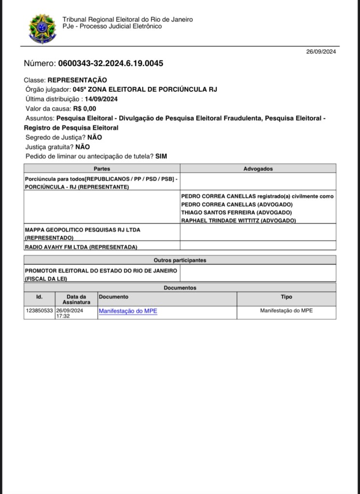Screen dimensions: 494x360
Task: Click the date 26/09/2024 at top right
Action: (321, 52)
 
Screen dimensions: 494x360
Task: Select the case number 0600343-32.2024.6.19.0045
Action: (111, 63)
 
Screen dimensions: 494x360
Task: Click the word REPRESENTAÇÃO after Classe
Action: (77, 80)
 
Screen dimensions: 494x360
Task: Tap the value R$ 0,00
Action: (85, 109)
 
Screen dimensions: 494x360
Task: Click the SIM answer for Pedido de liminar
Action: (161, 156)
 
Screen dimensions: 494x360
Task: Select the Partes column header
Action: (101, 169)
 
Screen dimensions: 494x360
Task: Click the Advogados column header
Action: (258, 169)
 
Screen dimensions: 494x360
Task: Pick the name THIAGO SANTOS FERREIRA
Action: (218, 212)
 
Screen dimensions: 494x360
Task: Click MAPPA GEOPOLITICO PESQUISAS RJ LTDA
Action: (83, 230)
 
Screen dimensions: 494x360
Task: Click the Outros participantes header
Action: (180, 260)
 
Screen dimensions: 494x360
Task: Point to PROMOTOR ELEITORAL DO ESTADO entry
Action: (101, 270)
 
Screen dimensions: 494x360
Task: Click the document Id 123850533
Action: (39, 311)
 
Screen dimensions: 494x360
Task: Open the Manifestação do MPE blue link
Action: (128, 311)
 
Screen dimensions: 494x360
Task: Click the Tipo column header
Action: (286, 297)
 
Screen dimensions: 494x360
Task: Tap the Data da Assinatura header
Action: (76, 299)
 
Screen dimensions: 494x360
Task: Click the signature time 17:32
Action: (63, 316)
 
